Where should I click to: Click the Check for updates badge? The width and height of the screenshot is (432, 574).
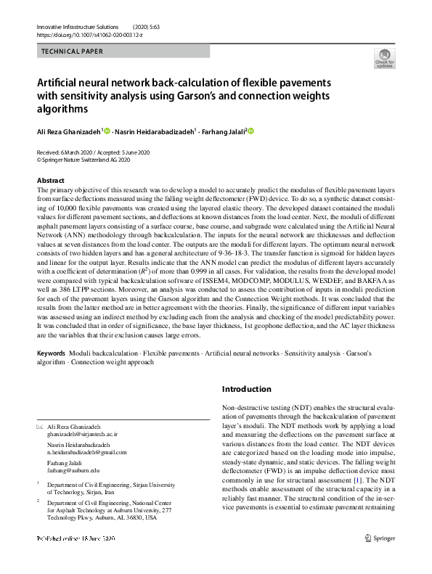click(384, 58)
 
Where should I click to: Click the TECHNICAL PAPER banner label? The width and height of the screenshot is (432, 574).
click(73, 52)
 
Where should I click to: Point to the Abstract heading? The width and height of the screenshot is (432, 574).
click(50, 180)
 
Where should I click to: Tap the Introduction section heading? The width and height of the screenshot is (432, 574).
click(246, 389)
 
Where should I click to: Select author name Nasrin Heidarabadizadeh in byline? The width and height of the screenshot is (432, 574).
click(154, 131)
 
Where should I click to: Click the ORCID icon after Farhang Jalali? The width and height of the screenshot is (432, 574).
click(252, 131)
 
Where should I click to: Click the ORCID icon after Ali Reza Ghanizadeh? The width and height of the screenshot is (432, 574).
click(108, 131)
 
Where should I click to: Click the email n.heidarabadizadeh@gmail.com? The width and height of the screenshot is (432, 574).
click(86, 451)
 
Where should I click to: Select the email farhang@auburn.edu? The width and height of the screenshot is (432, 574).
click(73, 470)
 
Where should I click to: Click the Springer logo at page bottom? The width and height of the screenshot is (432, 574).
click(380, 538)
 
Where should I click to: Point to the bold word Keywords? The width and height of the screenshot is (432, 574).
click(52, 353)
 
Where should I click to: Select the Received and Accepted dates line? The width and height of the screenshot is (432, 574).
click(92, 152)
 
